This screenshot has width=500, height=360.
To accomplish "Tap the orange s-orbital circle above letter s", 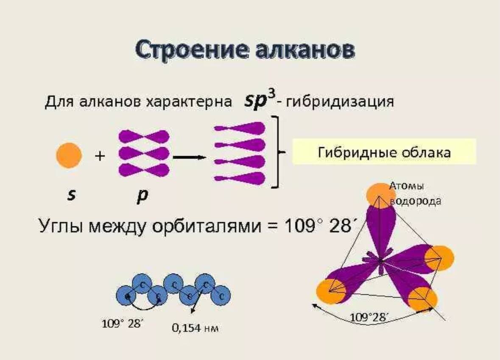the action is tap(69, 156).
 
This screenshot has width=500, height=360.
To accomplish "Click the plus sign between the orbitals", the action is tap(100, 156).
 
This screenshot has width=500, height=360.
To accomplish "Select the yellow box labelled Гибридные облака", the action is tap(384, 152).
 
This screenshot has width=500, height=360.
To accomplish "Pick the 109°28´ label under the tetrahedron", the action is tap(369, 317).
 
